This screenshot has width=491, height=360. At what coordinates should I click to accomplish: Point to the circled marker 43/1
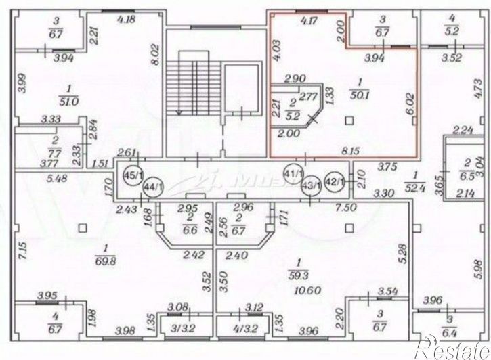[x=312, y=183]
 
